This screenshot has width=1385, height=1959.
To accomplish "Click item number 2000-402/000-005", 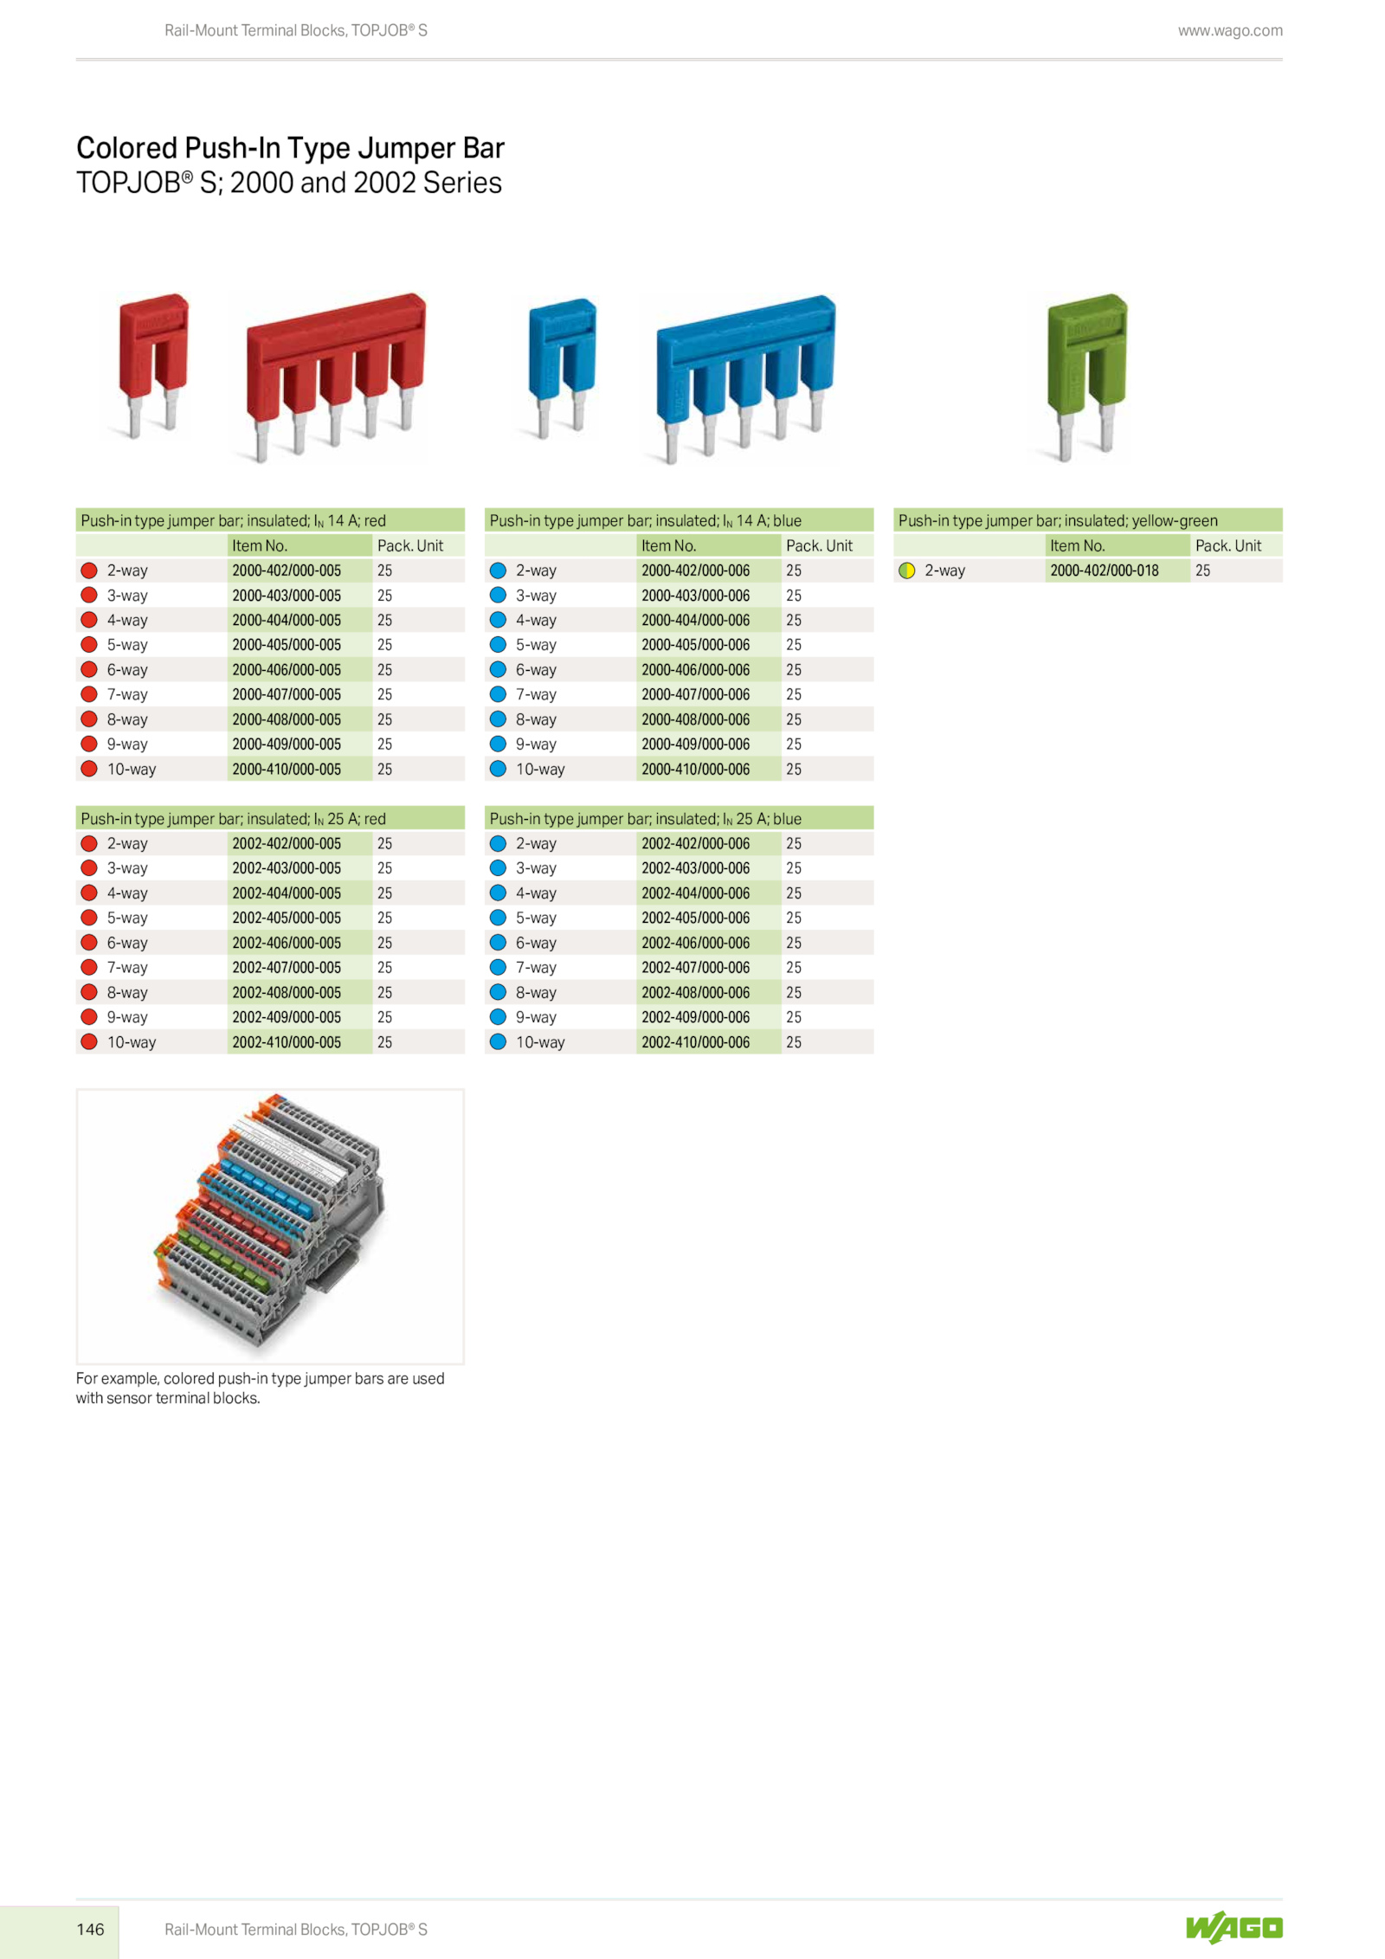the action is pyautogui.click(x=287, y=570).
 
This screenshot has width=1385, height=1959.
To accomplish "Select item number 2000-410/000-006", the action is pyautogui.click(x=695, y=769).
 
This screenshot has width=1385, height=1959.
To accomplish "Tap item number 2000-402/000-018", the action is pyautogui.click(x=1104, y=570).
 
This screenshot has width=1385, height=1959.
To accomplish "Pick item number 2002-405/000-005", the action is pyautogui.click(x=287, y=918).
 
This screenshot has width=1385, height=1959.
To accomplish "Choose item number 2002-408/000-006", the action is pyautogui.click(x=695, y=992).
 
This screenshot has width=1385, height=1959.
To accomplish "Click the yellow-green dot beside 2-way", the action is pyautogui.click(x=906, y=570).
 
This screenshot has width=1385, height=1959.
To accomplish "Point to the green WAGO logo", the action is pyautogui.click(x=1234, y=1927).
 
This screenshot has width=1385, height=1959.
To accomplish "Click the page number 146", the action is pyautogui.click(x=90, y=1929).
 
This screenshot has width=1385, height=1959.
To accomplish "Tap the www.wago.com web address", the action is pyautogui.click(x=1230, y=31).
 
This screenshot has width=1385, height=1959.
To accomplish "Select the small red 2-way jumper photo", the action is pyautogui.click(x=153, y=364).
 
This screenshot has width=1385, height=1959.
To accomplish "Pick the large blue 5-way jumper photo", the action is pyautogui.click(x=744, y=379).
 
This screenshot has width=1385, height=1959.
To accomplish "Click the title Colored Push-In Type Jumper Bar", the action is pyautogui.click(x=290, y=148).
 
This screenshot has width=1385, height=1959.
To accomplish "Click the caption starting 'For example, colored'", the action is pyautogui.click(x=260, y=1388).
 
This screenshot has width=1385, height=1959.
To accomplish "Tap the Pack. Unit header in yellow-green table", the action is pyautogui.click(x=1227, y=545).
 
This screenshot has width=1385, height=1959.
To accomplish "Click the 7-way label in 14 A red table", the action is pyautogui.click(x=127, y=694).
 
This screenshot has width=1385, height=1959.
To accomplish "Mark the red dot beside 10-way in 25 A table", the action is pyautogui.click(x=88, y=1041).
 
